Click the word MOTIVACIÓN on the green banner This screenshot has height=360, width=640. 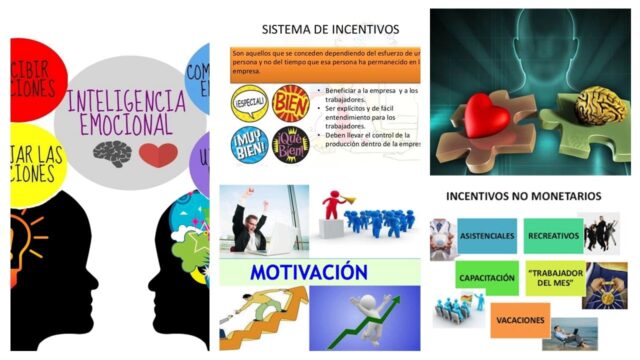pos(302,273)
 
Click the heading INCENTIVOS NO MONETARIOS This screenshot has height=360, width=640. pos(523,196)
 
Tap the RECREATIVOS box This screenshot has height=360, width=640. pos(553,235)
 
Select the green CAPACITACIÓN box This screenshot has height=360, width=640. pos(488,277)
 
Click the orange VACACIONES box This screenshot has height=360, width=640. pos(521,320)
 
